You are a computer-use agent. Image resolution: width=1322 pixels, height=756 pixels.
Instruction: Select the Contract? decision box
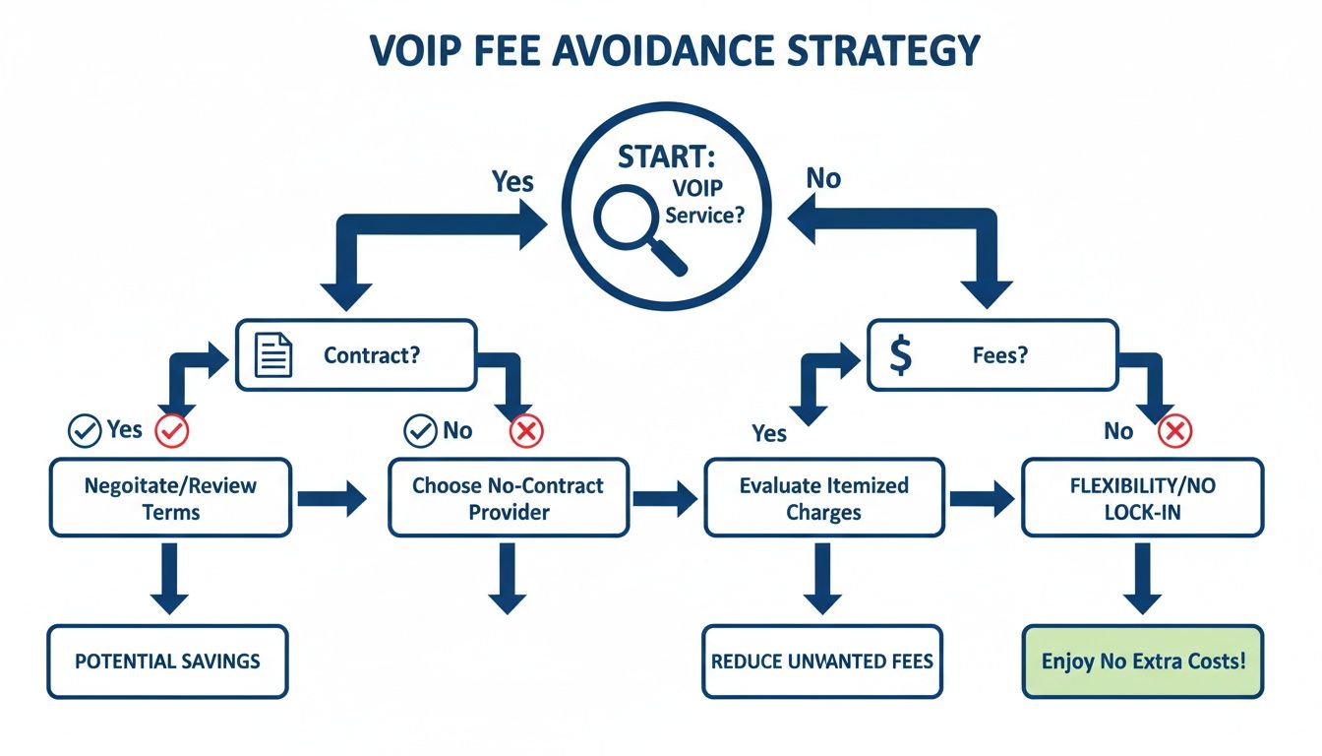click(x=355, y=354)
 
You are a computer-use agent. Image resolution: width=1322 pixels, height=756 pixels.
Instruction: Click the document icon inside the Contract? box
click(x=273, y=354)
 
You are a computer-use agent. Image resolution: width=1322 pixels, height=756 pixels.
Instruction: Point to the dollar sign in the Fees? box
click(x=899, y=355)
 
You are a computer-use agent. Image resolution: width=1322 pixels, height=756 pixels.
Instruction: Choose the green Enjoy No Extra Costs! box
click(x=1142, y=661)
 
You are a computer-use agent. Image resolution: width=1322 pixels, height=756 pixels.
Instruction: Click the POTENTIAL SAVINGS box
click(x=167, y=661)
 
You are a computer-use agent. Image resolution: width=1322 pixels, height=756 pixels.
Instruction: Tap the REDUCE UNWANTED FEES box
click(x=822, y=661)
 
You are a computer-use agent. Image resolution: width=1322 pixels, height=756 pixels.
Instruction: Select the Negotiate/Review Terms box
click(x=170, y=498)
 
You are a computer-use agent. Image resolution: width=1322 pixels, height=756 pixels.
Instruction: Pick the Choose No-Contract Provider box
click(x=508, y=498)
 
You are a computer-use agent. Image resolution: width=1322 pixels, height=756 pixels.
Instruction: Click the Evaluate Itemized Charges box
click(x=824, y=498)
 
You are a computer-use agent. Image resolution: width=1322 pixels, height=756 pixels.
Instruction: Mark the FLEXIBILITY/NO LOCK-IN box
click(x=1142, y=498)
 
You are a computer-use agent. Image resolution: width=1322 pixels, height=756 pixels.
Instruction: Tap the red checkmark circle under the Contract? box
click(x=174, y=430)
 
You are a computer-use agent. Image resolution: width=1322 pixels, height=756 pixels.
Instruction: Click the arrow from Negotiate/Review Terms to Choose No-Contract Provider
click(x=330, y=499)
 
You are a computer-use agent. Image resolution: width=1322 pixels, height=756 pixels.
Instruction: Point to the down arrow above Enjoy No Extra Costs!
click(x=1142, y=580)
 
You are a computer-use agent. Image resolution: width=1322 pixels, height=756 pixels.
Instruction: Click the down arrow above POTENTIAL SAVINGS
click(x=169, y=580)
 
